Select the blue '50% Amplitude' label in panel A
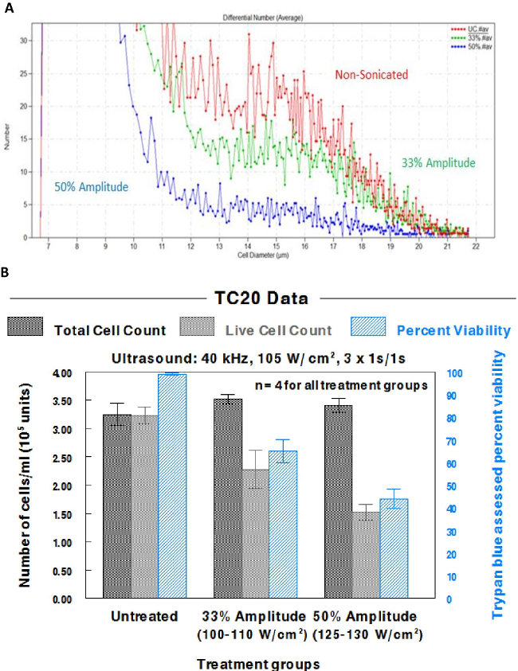point(92,188)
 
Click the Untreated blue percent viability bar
point(171,486)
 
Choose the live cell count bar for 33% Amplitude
point(254,534)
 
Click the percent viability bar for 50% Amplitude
point(394,548)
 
